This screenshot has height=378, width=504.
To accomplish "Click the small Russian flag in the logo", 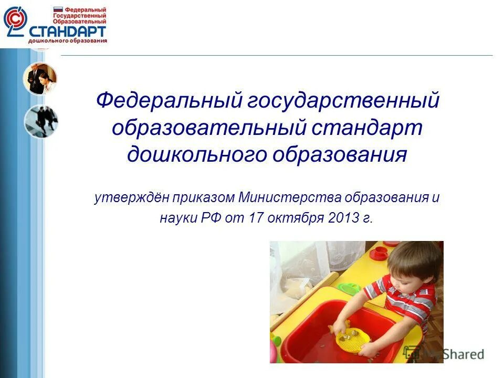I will pos(58,9).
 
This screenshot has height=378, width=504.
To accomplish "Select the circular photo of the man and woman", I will pos(39,79).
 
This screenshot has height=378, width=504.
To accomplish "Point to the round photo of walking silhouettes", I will pos(40,121).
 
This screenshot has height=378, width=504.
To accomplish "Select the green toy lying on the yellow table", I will pos(349,288).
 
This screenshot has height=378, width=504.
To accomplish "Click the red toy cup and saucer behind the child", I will pos(379,253).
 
